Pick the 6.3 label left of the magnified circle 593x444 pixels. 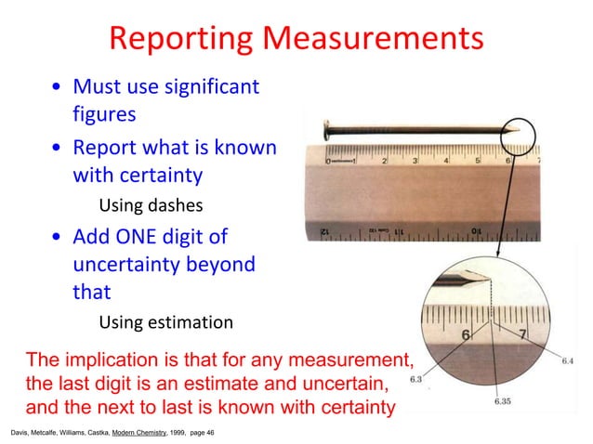[x=416, y=378]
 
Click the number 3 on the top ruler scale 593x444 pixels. [x=416, y=161]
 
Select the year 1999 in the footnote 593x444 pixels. [x=178, y=433]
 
